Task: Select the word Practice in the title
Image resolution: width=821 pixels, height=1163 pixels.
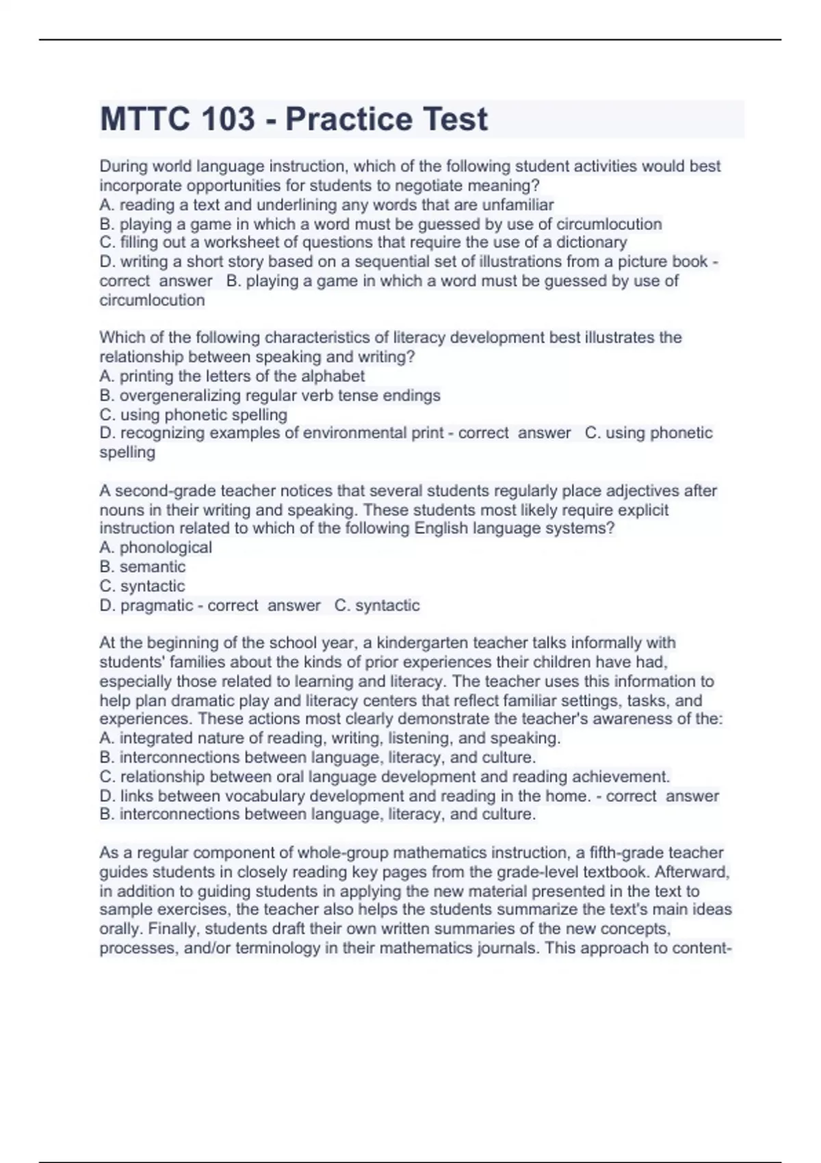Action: tap(339, 120)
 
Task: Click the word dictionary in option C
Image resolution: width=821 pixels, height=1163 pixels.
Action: tap(591, 242)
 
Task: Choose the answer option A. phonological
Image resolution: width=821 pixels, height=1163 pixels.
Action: tap(156, 547)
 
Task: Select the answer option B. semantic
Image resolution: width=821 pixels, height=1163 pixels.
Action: tap(142, 566)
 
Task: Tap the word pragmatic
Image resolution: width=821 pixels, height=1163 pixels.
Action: tap(157, 605)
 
